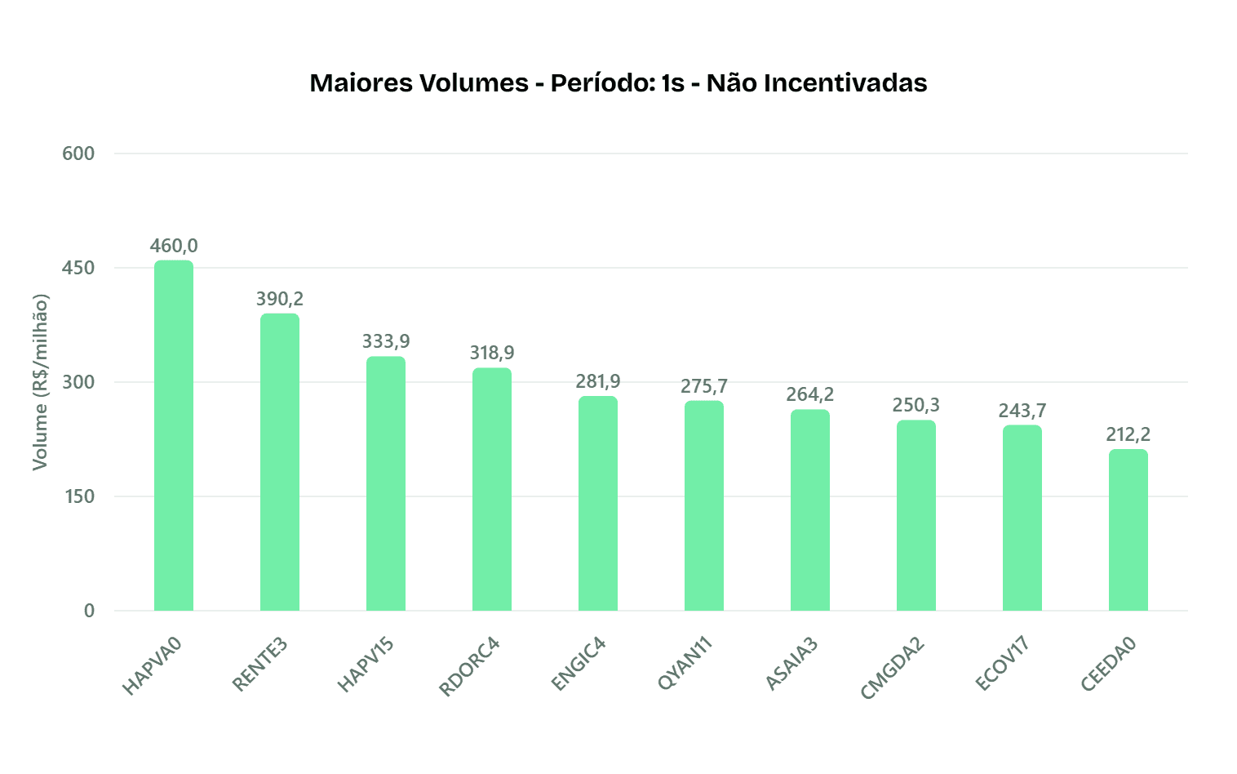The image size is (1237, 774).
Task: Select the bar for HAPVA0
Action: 174,435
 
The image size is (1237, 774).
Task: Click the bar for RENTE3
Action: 280,462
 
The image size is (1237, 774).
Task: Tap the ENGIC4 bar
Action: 598,503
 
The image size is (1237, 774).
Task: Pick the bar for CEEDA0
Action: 1128,530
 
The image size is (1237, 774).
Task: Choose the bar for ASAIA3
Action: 810,510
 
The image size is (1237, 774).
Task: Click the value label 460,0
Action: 174,246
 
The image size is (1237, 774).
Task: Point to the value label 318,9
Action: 492,353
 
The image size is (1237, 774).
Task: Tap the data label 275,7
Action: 704,385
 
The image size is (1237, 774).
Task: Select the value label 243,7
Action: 1022,410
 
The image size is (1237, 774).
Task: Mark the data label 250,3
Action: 916,405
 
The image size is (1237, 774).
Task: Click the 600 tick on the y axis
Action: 78,153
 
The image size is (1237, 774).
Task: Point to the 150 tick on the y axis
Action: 78,496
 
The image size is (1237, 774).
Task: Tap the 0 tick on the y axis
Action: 89,611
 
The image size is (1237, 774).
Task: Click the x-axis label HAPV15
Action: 366,665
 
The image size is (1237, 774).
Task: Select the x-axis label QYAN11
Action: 685,665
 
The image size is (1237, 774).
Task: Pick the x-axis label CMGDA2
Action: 893,668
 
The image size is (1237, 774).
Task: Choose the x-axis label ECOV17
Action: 1003,665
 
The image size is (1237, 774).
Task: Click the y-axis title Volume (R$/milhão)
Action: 40,382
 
